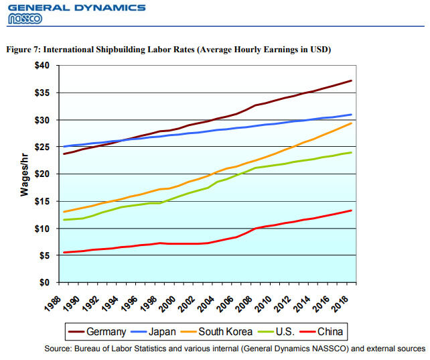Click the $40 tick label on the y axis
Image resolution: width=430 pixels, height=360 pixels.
[x=43, y=66]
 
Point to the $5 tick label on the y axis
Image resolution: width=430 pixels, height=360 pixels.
[x=45, y=255]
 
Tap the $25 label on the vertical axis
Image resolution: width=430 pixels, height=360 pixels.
[x=43, y=147]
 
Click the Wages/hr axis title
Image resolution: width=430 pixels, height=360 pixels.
[x=24, y=173]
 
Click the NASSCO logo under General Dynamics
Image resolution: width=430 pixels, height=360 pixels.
[x=25, y=19]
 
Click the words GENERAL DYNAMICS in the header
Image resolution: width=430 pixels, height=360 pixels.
[x=76, y=7]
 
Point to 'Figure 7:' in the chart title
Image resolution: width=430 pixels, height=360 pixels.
[x=23, y=50]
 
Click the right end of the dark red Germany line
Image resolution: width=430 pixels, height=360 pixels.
[x=352, y=80]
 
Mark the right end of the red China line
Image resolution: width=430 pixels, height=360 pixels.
[x=352, y=211]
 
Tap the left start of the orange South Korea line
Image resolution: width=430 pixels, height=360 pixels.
[x=64, y=212]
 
